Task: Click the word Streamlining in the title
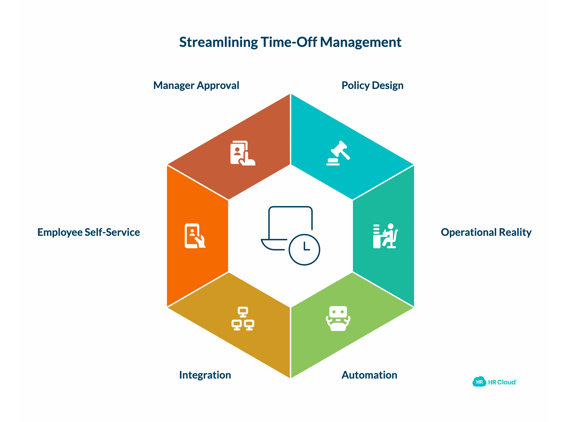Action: pos(219,42)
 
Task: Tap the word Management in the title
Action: pos(361,42)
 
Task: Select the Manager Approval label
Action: pos(196,86)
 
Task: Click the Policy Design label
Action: pos(372,86)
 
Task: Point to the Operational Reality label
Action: pos(486,232)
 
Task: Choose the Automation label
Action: pos(369,375)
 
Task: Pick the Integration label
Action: pos(205,375)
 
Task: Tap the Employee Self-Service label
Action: pos(89,232)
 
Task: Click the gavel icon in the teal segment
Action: pos(338,153)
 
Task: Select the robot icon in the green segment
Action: pos(338,319)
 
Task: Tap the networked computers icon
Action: pos(243,319)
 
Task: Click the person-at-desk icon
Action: pos(385,236)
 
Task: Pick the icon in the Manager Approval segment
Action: pos(243,153)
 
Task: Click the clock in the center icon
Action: pos(304,250)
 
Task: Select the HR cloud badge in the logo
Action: pos(479,382)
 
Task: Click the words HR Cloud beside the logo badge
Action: pos(502,382)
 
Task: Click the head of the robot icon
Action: pos(338,312)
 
